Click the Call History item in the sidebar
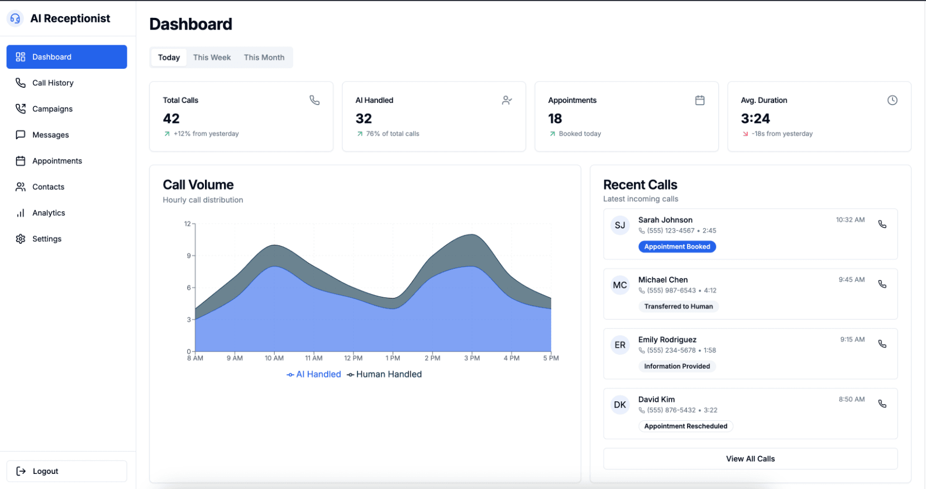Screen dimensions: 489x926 pyautogui.click(x=52, y=83)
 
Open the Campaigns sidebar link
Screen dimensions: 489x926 pyautogui.click(x=52, y=109)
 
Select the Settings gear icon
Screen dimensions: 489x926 pyautogui.click(x=21, y=239)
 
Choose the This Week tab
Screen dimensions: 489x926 pyautogui.click(x=212, y=58)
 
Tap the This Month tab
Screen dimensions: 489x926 pyautogui.click(x=264, y=58)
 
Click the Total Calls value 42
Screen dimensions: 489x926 pyautogui.click(x=171, y=118)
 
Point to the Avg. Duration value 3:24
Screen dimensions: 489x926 pyautogui.click(x=755, y=118)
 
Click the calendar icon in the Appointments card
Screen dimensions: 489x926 pyautogui.click(x=700, y=101)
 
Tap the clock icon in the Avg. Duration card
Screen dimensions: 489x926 pyautogui.click(x=892, y=101)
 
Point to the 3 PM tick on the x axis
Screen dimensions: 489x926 pyautogui.click(x=472, y=358)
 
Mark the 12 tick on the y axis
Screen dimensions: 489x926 pyautogui.click(x=188, y=224)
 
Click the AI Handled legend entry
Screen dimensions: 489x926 pyautogui.click(x=314, y=374)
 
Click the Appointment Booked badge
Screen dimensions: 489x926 pyautogui.click(x=677, y=247)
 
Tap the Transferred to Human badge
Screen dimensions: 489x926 pyautogui.click(x=678, y=307)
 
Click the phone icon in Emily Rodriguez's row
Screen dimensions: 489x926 pyautogui.click(x=882, y=344)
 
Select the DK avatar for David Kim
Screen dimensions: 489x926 pyautogui.click(x=620, y=405)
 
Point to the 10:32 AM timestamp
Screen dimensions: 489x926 pyautogui.click(x=850, y=220)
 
